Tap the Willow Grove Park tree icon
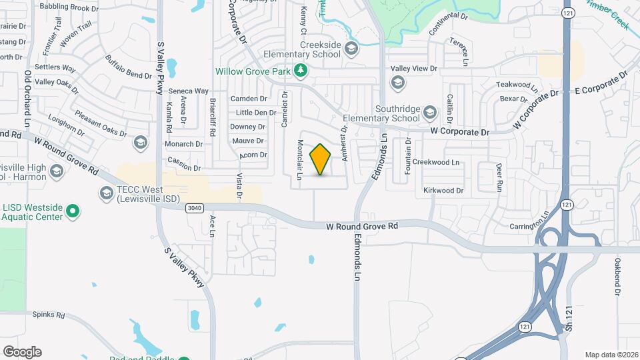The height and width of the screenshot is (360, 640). (x=301, y=69)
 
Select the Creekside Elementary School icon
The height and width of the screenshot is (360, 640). (x=351, y=49)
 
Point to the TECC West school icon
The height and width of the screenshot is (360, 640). (x=106, y=193)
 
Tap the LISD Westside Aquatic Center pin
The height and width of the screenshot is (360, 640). (x=74, y=212)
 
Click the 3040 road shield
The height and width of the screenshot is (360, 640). (x=193, y=209)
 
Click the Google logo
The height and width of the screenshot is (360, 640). (x=23, y=351)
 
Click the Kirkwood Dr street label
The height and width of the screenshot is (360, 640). (x=443, y=191)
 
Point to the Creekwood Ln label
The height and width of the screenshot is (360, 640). (x=436, y=162)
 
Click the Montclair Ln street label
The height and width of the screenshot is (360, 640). (x=300, y=160)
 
